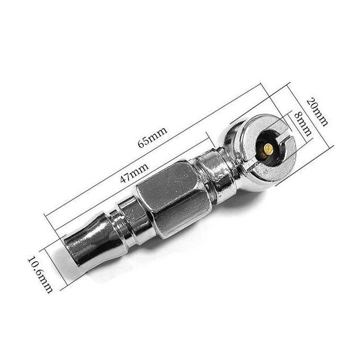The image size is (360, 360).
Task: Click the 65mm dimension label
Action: [x=152, y=137]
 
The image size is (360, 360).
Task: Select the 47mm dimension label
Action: [x=134, y=173]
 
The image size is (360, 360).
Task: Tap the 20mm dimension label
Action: [x=317, y=112]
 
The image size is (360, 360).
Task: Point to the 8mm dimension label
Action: [x=303, y=124]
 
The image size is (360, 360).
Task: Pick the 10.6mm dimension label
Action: [x=40, y=275]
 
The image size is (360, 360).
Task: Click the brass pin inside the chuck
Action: [x=268, y=149]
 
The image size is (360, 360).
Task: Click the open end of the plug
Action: [x=72, y=251]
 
